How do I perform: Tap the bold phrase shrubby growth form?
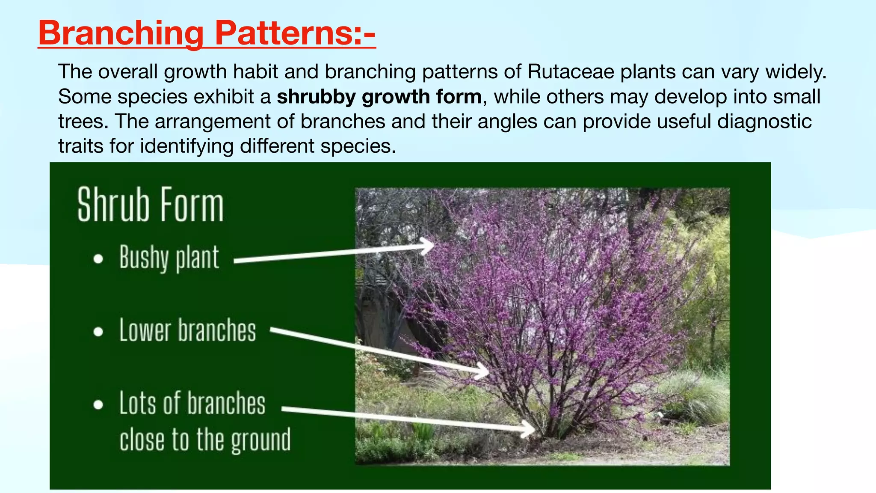379,97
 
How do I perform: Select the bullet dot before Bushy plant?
98,258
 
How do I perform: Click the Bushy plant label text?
169,258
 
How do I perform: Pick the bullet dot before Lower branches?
98,332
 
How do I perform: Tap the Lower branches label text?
187,330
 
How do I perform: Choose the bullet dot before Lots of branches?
98,404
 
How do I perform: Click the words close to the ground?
205,440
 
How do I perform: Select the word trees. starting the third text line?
83,122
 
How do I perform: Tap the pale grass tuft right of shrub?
697,396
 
